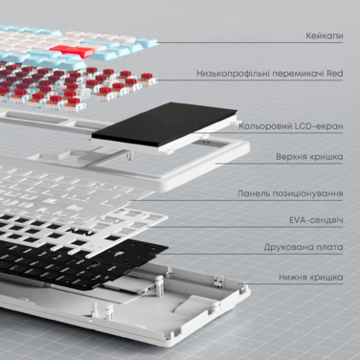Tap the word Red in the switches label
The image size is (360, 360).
click(336, 73)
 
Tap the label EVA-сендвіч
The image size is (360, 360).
click(317, 219)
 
